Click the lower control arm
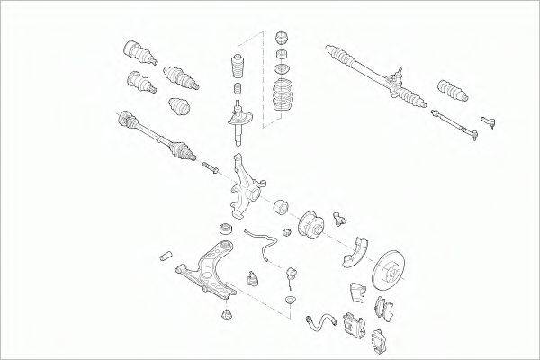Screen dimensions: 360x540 tap(210, 270)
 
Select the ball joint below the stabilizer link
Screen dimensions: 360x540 tap(293, 274)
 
